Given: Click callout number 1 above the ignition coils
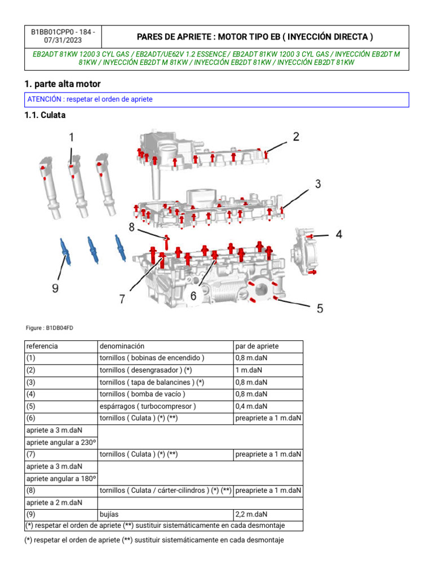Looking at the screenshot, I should click(72, 137).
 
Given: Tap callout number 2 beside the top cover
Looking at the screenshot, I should click(295, 137).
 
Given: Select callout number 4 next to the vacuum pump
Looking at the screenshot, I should click(339, 234).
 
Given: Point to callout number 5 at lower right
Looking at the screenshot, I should click(320, 308).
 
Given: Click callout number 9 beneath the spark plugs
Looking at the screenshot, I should click(55, 288).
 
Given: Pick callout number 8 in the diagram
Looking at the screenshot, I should click(131, 227).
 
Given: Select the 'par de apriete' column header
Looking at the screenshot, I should click(257, 346).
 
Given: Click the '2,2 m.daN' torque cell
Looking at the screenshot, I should click(251, 514).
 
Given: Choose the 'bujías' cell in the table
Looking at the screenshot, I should click(109, 514).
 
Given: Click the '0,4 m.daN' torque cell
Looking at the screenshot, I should click(251, 406).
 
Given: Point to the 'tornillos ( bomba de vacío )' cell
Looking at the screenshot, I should click(142, 394).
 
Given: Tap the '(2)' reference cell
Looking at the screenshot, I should click(31, 370).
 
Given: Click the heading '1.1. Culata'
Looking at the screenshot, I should click(45, 115).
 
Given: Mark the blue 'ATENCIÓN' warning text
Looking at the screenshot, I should click(90, 99).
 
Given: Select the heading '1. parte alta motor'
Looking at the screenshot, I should click(63, 84).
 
